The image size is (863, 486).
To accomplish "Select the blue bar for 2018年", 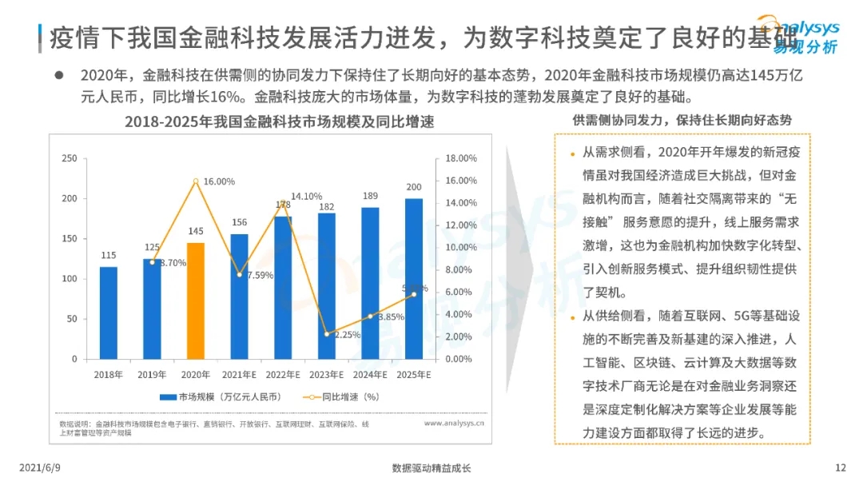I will tap(108, 313).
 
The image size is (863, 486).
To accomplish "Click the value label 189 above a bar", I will tap(370, 196).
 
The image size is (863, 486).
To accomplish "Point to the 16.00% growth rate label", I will tap(219, 181).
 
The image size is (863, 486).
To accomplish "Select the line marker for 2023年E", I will tap(327, 333).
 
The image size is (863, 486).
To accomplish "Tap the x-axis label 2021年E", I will tap(240, 374).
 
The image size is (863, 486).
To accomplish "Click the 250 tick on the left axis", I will tap(70, 158).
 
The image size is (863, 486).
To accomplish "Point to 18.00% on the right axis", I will tap(460, 158).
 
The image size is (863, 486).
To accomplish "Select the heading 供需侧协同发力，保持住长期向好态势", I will tap(682, 121).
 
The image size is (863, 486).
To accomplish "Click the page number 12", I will tap(839, 468).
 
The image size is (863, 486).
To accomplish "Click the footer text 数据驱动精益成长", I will tap(431, 468).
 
